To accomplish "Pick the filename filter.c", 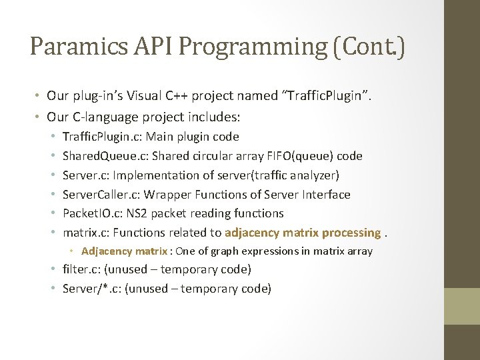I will [x=79, y=270].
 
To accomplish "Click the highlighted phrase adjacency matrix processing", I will [x=303, y=233].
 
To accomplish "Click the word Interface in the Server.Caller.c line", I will [x=325, y=195].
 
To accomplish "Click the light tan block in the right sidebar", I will [x=462, y=306].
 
